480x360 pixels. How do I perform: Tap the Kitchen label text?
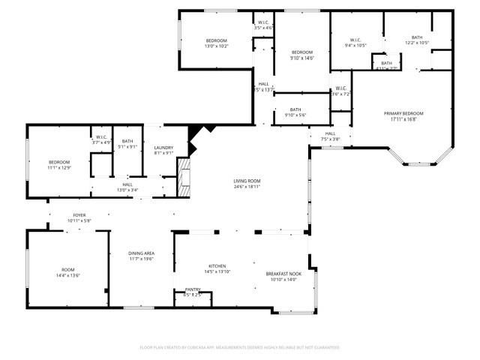point(217,265)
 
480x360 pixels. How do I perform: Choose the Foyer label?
point(79,214)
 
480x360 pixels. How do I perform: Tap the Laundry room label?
point(164,148)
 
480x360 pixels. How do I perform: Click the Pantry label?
point(192,289)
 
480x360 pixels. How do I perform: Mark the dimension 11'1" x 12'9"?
point(59,168)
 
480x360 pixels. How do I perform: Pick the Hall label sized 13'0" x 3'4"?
point(127,190)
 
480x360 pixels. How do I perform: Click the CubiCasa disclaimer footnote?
point(240,347)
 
